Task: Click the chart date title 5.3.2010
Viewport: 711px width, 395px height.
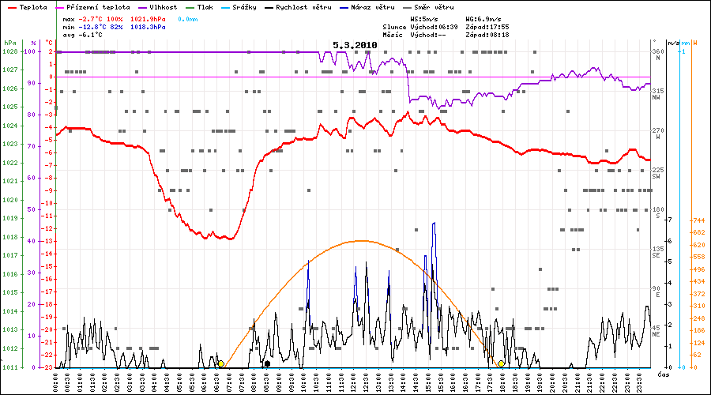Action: [354, 46]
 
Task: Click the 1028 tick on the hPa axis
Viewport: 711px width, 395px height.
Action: [9, 52]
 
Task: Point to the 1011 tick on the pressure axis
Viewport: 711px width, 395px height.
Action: [9, 367]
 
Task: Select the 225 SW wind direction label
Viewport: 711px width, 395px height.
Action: [656, 172]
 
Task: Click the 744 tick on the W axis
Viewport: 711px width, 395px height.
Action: [698, 220]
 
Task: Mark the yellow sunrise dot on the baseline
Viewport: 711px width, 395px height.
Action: [220, 363]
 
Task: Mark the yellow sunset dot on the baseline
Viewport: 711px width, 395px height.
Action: [501, 363]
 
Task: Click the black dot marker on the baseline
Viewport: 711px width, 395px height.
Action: [267, 363]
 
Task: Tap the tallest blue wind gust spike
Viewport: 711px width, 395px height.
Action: [434, 224]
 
